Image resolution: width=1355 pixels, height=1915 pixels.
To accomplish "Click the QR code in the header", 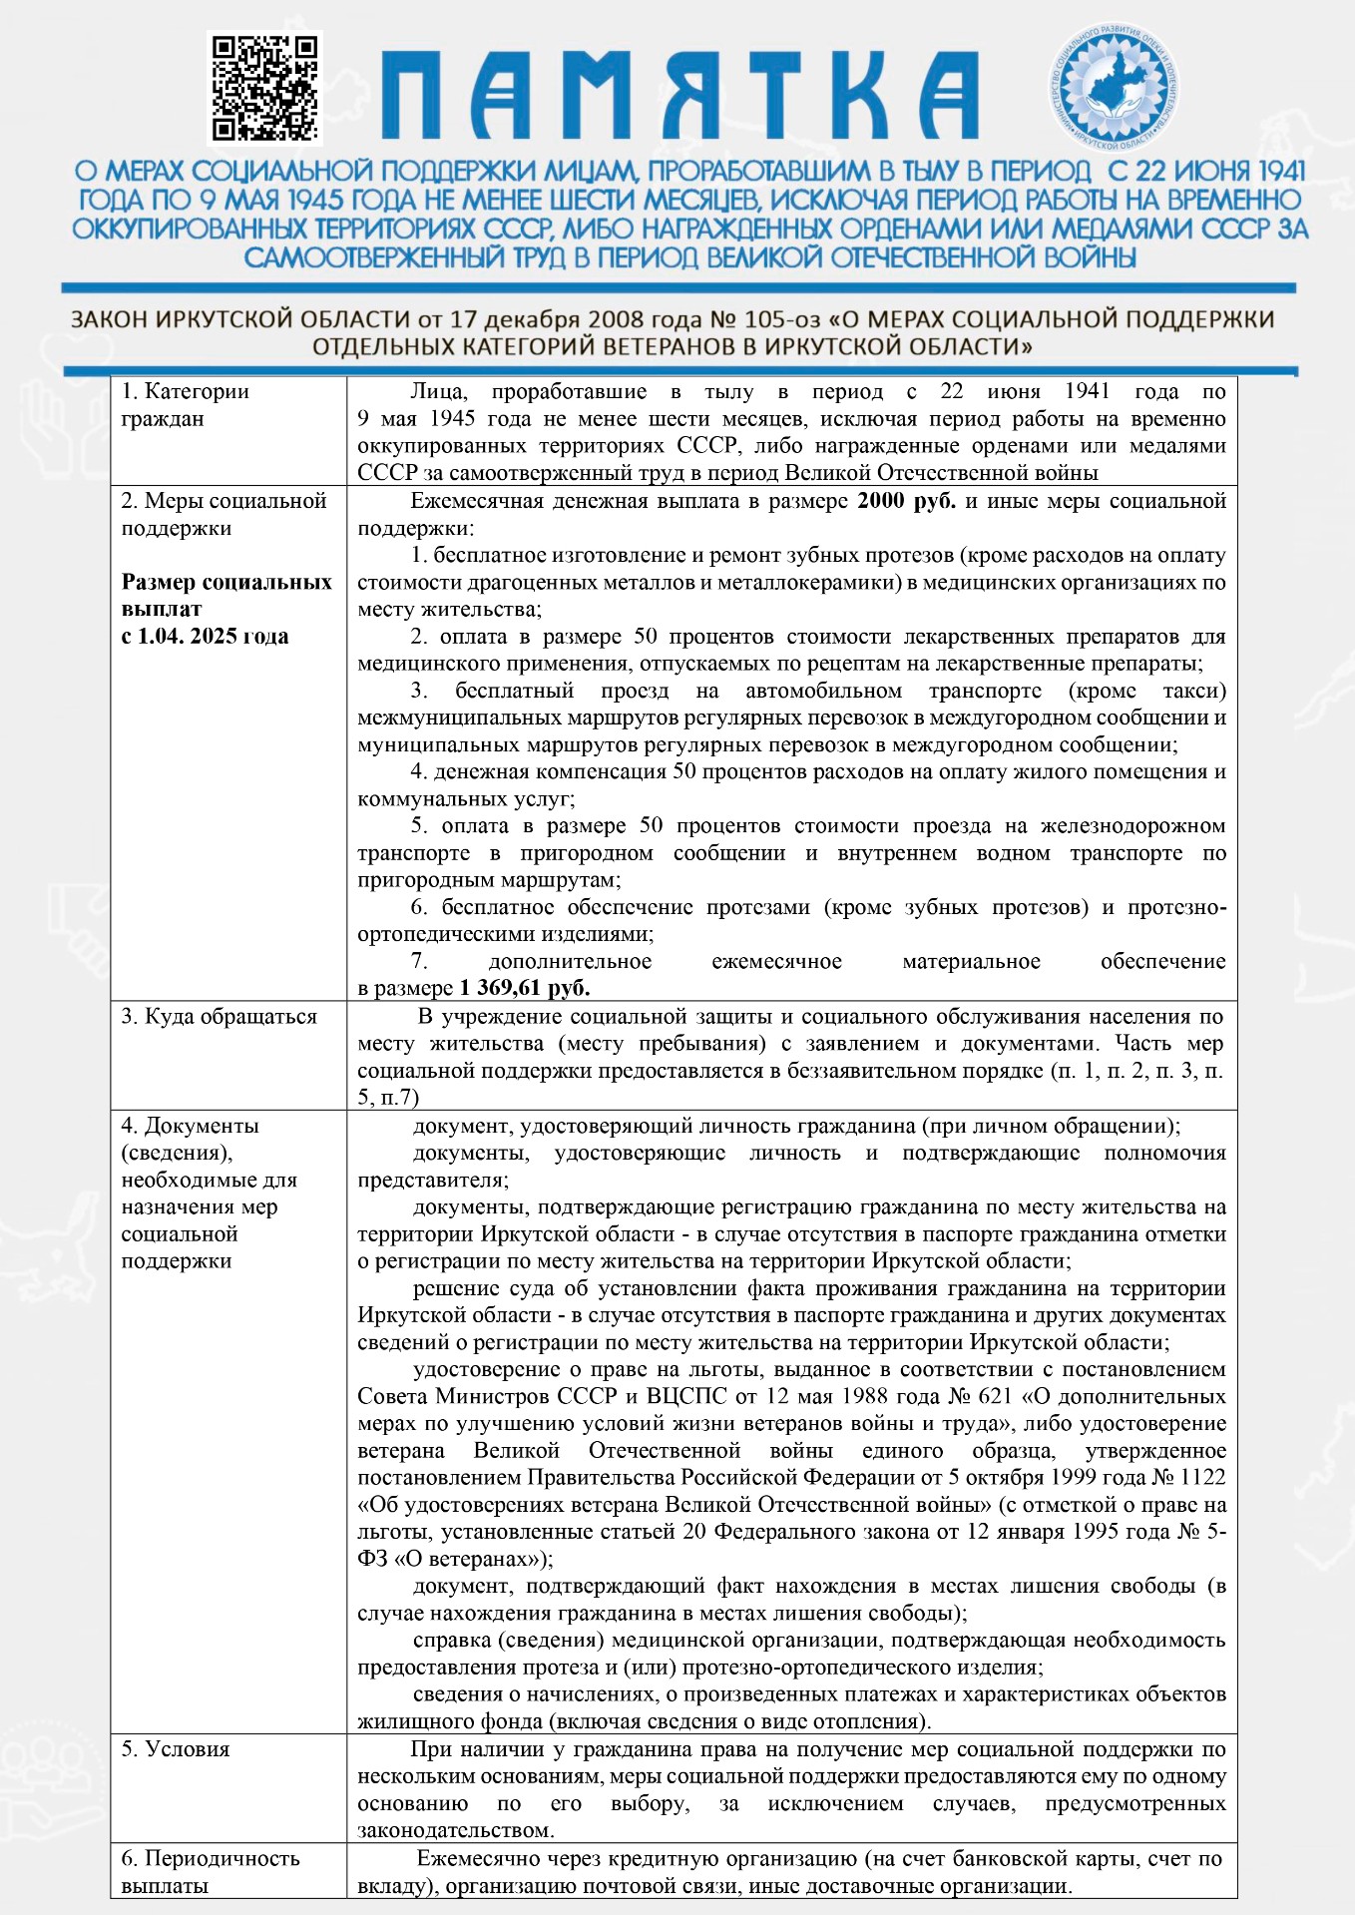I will pyautogui.click(x=264, y=88).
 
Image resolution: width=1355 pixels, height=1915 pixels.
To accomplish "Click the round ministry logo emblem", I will pyautogui.click(x=1118, y=84).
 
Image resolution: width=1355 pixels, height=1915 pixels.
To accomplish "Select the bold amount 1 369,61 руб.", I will pyautogui.click(x=525, y=989).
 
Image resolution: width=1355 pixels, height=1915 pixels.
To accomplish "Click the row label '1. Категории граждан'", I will pyautogui.click(x=185, y=405).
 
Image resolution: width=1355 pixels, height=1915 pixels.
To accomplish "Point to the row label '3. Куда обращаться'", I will pyautogui.click(x=219, y=1017).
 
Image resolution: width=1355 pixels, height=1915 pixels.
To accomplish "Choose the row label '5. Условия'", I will pyautogui.click(x=176, y=1749).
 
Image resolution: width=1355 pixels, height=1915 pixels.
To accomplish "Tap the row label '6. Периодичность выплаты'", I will pyautogui.click(x=210, y=1872).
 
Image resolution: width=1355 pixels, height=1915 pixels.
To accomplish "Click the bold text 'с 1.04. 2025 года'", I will pyautogui.click(x=205, y=637).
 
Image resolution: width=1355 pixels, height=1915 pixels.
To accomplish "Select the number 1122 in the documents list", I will pyautogui.click(x=1203, y=1478).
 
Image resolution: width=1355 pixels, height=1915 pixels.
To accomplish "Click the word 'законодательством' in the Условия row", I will pyautogui.click(x=454, y=1831).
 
